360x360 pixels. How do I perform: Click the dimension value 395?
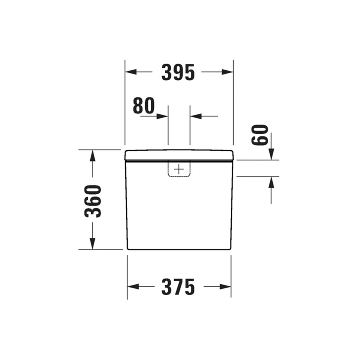click(178, 72)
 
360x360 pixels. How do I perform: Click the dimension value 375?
click(178, 287)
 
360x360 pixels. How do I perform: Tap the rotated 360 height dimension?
click(93, 201)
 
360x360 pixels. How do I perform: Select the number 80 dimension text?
click(144, 106)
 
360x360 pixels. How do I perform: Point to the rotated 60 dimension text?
click(260, 135)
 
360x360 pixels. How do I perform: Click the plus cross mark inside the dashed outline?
click(179, 169)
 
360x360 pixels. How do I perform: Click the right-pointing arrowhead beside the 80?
click(163, 116)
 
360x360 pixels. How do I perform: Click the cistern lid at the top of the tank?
click(179, 155)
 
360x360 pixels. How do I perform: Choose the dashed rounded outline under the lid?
click(179, 176)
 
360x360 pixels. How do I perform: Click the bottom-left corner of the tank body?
click(128, 249)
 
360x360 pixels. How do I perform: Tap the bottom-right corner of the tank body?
click(230, 249)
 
